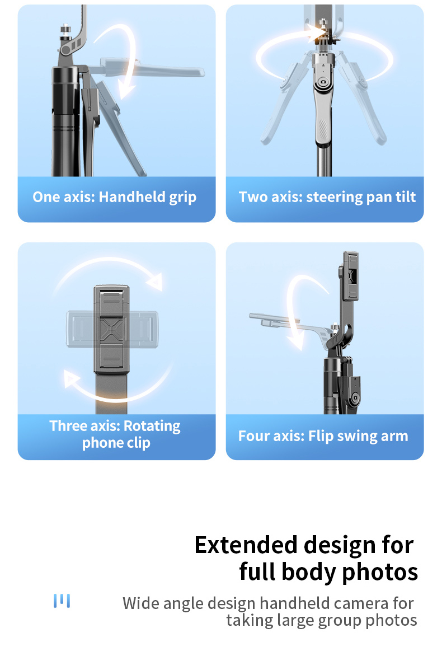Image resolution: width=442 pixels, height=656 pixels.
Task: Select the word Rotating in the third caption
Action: (152, 426)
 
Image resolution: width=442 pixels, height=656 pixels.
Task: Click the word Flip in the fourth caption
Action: (321, 436)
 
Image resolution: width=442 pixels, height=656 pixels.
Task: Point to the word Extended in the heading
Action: (246, 545)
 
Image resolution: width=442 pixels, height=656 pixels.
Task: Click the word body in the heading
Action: (309, 572)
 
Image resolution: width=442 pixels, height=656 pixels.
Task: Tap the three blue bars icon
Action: (62, 601)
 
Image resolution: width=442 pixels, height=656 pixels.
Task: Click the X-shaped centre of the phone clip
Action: (111, 329)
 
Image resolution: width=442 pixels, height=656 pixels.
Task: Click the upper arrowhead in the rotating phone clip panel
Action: (155, 282)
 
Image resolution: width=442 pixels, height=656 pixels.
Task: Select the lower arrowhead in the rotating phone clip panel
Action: (71, 378)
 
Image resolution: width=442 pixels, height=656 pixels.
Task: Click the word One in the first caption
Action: (46, 197)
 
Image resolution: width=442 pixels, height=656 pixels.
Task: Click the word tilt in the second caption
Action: (406, 196)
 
